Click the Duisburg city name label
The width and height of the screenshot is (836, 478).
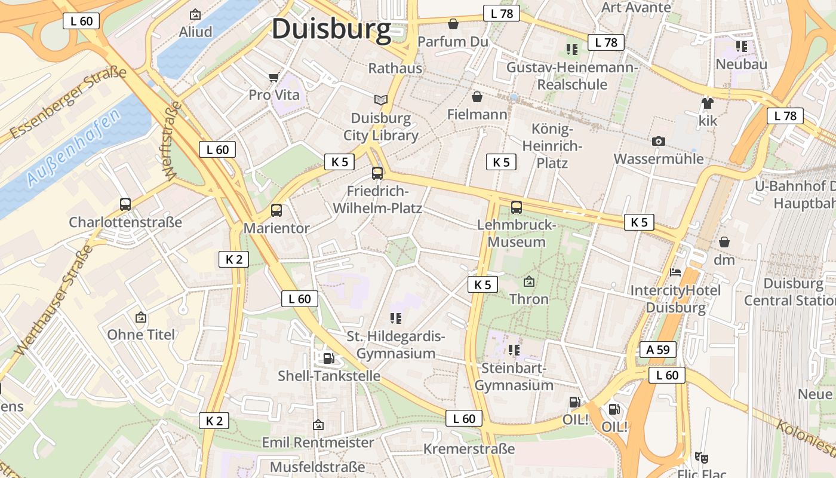coord(331,29)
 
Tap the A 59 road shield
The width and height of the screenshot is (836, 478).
coord(658,350)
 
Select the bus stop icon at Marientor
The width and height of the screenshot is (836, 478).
coord(276,210)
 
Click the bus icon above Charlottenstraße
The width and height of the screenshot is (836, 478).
coord(125,204)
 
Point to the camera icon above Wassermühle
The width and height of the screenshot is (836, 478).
coord(659,141)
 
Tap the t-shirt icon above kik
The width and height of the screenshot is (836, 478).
coord(708,103)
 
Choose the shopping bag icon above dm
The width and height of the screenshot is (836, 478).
coord(724,242)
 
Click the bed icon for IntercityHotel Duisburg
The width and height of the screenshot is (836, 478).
coord(675,272)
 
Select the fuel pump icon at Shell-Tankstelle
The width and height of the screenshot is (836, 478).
coord(328,358)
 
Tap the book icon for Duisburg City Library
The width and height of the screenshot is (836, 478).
coord(380,100)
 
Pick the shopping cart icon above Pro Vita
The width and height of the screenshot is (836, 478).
coord(274,77)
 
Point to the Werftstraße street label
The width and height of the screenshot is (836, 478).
coord(171,140)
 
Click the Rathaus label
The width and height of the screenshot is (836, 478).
coord(395,68)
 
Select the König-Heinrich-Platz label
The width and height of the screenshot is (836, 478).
coord(552,146)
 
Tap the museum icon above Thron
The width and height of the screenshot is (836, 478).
coord(528,281)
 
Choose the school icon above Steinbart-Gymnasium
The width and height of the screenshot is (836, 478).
coord(514,350)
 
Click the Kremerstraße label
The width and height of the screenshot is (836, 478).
coord(469,449)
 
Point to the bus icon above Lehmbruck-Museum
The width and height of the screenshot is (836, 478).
coord(517,207)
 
